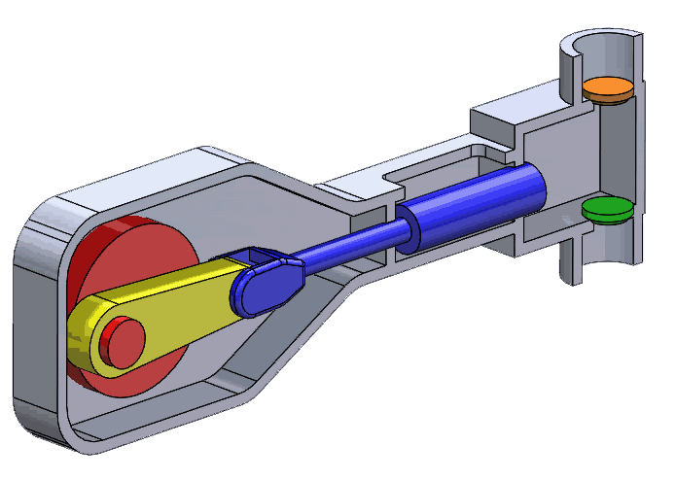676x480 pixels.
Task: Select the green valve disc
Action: [607, 209]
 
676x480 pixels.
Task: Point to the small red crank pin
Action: [121, 339]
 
